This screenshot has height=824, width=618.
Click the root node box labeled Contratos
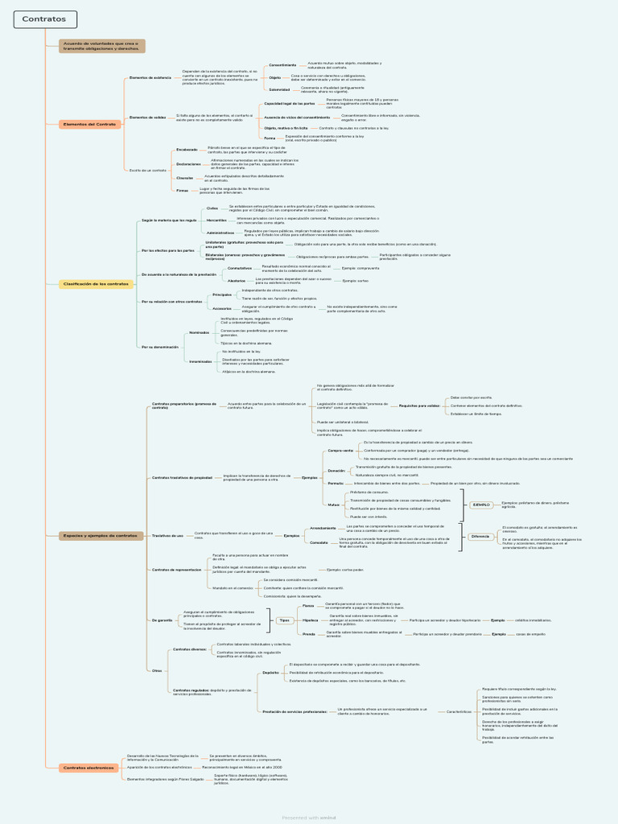pyautogui.click(x=45, y=19)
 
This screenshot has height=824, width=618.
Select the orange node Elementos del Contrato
pyautogui.click(x=89, y=124)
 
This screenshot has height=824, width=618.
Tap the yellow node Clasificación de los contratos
pyautogui.click(x=97, y=284)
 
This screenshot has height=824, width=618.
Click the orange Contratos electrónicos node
pyautogui.click(x=89, y=768)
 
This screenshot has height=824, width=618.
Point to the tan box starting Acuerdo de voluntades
pyautogui.click(x=101, y=46)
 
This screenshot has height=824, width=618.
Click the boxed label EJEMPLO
pyautogui.click(x=481, y=505)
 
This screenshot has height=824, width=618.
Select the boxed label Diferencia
pyautogui.click(x=480, y=536)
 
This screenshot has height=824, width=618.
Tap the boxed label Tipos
pyautogui.click(x=284, y=620)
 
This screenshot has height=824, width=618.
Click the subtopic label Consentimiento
pyautogui.click(x=282, y=64)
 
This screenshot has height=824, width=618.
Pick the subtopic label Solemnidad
pyautogui.click(x=279, y=89)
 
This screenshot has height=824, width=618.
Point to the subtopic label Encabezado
pyautogui.click(x=187, y=149)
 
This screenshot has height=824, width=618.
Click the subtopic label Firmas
pyautogui.click(x=183, y=190)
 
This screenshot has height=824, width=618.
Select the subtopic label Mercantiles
pyautogui.click(x=216, y=219)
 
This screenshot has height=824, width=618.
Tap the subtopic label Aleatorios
pyautogui.click(x=237, y=280)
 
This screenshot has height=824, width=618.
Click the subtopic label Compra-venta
pyautogui.click(x=340, y=451)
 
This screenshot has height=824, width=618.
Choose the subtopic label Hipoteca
pyautogui.click(x=310, y=620)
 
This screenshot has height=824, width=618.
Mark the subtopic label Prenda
pyautogui.click(x=308, y=634)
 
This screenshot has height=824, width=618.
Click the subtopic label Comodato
pyautogui.click(x=319, y=542)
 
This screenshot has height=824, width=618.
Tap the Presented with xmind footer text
pyautogui.click(x=309, y=817)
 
